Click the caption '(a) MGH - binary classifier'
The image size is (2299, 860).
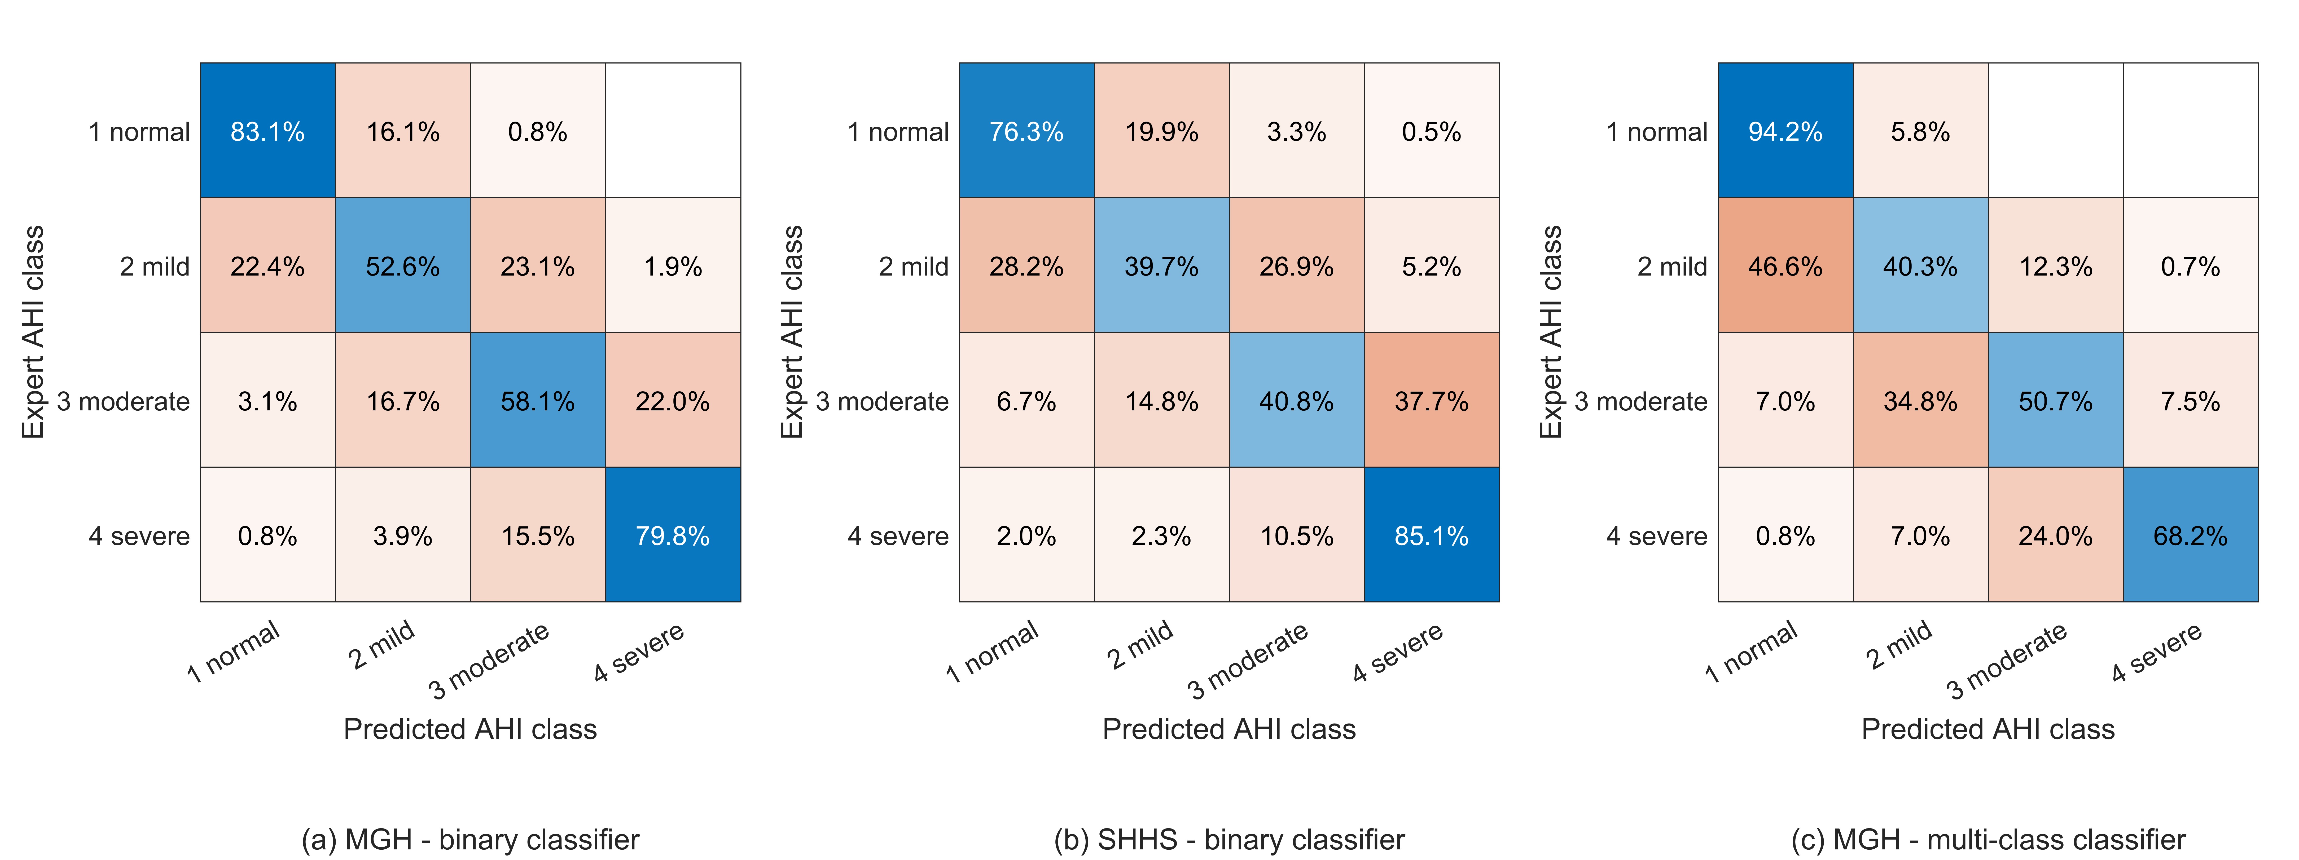[x=470, y=840]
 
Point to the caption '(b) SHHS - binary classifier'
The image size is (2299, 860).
[x=1229, y=840]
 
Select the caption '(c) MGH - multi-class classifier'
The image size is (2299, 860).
[x=1988, y=840]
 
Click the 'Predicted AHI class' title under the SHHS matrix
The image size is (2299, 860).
[x=1229, y=729]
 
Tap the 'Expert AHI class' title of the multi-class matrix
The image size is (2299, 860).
[x=1551, y=332]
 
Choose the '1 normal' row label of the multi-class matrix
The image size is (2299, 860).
[x=1656, y=132]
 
